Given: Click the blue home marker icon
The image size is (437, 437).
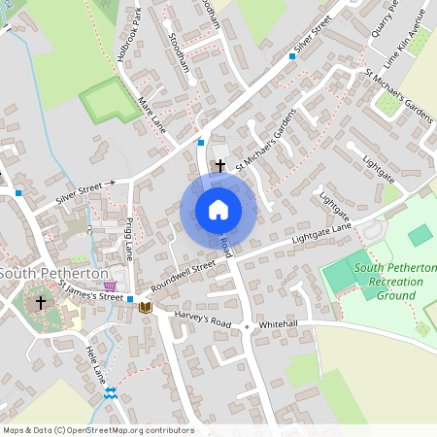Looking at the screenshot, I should pos(218,210).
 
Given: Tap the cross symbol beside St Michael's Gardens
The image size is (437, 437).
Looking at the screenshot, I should pos(219,166).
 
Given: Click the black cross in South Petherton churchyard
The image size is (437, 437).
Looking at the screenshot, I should pos(41,303).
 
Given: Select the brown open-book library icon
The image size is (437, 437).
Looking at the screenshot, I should pos(146,308).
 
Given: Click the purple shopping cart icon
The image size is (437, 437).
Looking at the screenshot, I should pos(112,287).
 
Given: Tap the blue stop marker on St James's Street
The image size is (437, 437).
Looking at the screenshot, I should pos(130,299).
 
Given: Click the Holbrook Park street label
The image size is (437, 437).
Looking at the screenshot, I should pos(129,37).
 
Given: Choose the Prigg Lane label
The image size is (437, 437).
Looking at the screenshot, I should pos(128,239).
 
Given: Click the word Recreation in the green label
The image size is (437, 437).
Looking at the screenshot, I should pos(389,281).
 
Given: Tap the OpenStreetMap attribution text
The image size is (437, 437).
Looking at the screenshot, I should pos(97,429).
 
